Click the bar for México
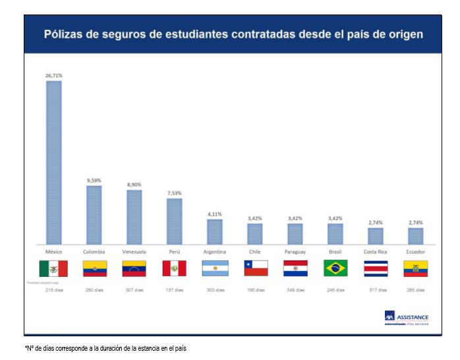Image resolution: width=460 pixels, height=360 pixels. [x=53, y=162]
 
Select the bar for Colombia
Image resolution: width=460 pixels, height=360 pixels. [x=94, y=215]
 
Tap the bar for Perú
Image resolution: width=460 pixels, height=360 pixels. [x=175, y=221]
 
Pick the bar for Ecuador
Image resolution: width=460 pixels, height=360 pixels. [x=415, y=235]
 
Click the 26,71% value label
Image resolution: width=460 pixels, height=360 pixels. [x=53, y=76]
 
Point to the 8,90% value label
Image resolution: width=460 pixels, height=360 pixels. [x=134, y=185]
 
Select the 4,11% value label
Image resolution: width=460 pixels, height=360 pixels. [x=215, y=214]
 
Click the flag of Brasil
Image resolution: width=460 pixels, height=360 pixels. [x=335, y=268]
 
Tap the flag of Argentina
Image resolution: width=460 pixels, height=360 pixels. [x=215, y=268]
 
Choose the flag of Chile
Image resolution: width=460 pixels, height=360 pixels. [x=256, y=268]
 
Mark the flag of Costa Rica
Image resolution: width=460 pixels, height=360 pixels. [x=376, y=268]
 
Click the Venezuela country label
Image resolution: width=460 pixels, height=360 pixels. [x=134, y=252]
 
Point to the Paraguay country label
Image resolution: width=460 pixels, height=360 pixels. [x=295, y=252]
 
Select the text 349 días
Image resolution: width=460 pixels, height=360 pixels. [x=295, y=289]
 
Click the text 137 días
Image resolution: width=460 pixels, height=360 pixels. [x=175, y=289]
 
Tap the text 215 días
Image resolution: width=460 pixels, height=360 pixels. [x=53, y=289]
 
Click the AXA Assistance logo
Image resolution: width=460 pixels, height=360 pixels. [x=406, y=318]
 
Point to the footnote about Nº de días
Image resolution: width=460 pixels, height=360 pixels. [x=105, y=348]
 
